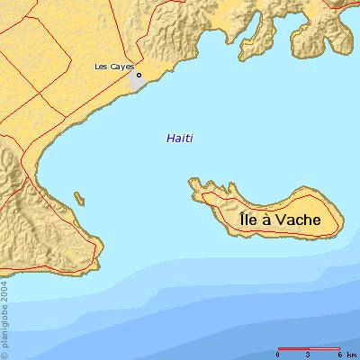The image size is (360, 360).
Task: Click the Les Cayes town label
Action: pos(113,67)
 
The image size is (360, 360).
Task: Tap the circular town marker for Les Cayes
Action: pos(139,75)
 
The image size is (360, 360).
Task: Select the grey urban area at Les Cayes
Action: pos(138,82)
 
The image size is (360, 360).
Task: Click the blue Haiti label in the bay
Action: pos(180,139)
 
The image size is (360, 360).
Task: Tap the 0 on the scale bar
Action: pos(278,354)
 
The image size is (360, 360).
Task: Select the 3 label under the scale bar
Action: pos(309,354)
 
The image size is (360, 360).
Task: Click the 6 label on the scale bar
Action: pos(338,354)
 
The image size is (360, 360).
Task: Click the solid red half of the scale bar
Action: pos(293,347)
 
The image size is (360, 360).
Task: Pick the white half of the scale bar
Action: pos(324,347)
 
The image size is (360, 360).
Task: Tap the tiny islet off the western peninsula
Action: pos(80,198)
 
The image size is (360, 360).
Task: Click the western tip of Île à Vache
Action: pos(191,184)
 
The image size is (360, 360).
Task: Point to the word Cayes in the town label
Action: pos(121,67)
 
